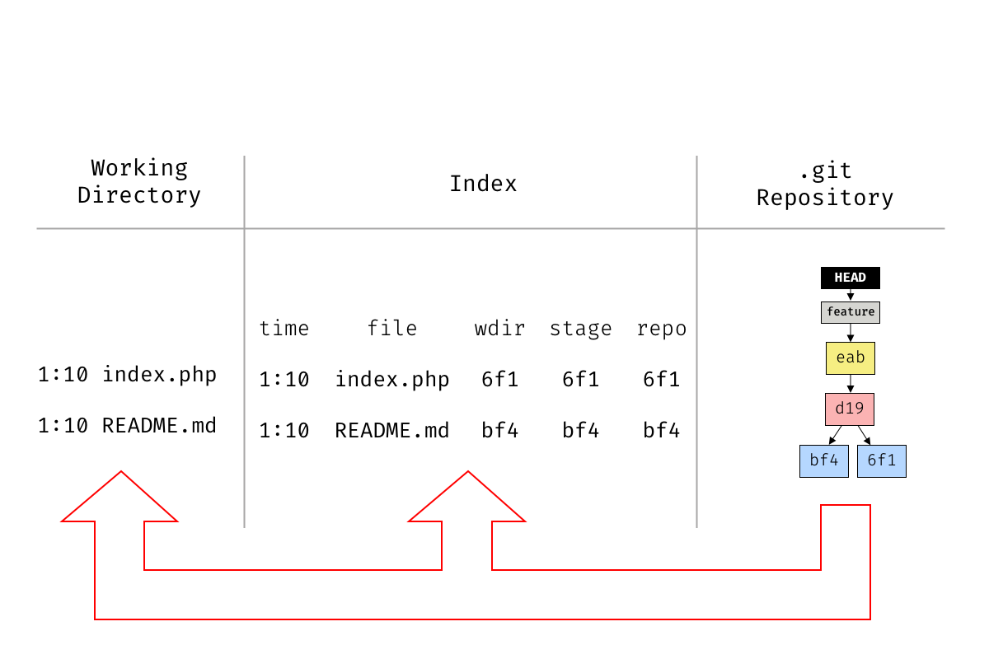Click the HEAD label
(850, 278)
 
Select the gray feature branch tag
(850, 312)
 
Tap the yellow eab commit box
(850, 358)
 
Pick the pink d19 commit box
(849, 409)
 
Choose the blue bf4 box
(823, 461)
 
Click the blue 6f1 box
(881, 461)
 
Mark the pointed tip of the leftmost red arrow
(121, 472)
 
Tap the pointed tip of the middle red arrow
(468, 472)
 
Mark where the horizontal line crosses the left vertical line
(244, 228)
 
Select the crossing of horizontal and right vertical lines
(696, 228)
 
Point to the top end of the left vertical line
(244, 157)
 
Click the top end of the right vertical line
(696, 157)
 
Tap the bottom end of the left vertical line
(244, 526)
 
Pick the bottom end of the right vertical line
(696, 526)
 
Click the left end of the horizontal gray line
(38, 228)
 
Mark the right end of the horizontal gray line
(944, 228)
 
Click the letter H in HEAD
(838, 278)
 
